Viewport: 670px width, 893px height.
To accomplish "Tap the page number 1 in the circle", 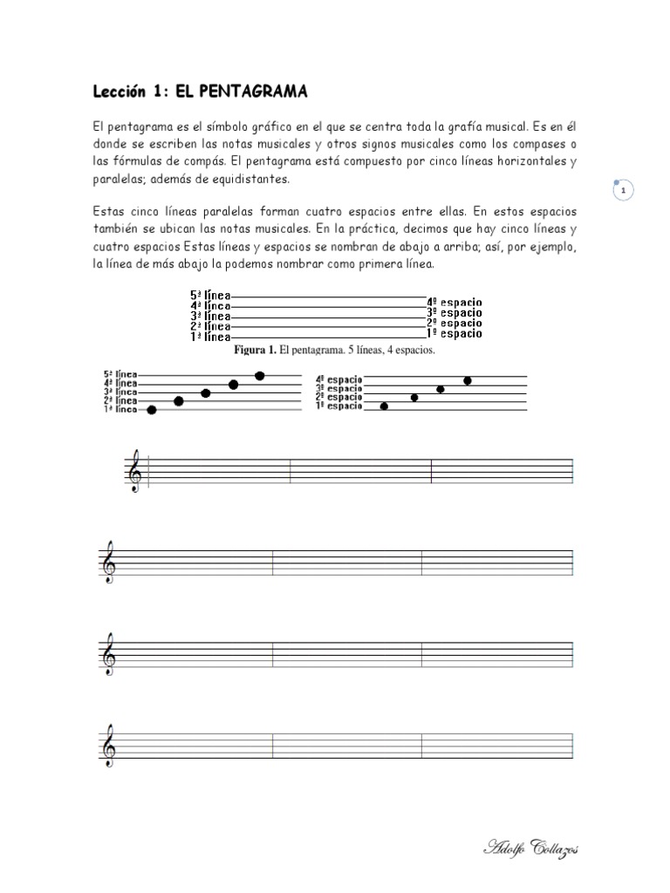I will click(624, 190).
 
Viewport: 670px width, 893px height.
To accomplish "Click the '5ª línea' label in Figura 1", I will click(210, 296).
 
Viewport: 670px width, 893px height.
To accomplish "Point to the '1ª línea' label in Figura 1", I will click(210, 336).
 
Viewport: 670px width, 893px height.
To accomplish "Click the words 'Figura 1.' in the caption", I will click(254, 351).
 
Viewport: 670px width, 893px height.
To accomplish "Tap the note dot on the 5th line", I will click(260, 376).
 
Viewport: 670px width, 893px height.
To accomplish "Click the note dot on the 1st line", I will click(152, 410).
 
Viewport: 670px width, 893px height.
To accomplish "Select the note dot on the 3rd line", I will click(206, 393).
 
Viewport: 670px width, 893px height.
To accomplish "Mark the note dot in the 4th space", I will click(468, 380).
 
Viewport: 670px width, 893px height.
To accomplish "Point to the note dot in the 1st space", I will click(385, 406).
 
